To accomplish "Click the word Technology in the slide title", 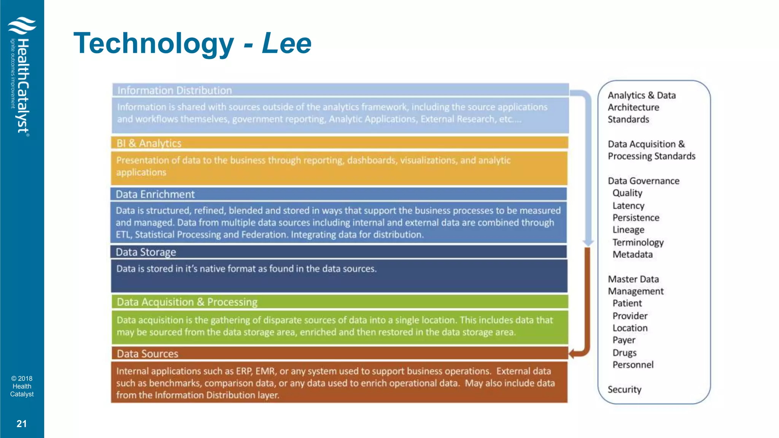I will (x=153, y=44).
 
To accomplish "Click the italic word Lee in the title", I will (x=287, y=43).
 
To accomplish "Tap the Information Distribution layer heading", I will (x=175, y=90).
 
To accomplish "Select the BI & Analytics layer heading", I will (x=149, y=143).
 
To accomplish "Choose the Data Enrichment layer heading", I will (x=155, y=194).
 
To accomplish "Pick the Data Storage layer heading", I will (x=146, y=252).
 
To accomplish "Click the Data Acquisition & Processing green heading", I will (x=187, y=302).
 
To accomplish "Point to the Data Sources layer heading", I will (x=147, y=354).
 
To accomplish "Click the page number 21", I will (x=22, y=424).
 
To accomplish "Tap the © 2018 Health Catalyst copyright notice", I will (x=22, y=386).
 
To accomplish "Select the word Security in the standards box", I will (x=624, y=389).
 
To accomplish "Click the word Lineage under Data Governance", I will (x=628, y=230).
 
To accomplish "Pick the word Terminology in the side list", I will (x=638, y=242).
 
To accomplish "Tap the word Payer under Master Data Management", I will (x=624, y=340).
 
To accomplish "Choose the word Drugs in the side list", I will (x=624, y=352).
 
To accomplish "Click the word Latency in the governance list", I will (x=628, y=206).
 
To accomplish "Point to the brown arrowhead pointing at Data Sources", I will (x=573, y=354).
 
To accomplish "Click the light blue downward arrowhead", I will (x=588, y=243).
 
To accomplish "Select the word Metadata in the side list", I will (x=633, y=254).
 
